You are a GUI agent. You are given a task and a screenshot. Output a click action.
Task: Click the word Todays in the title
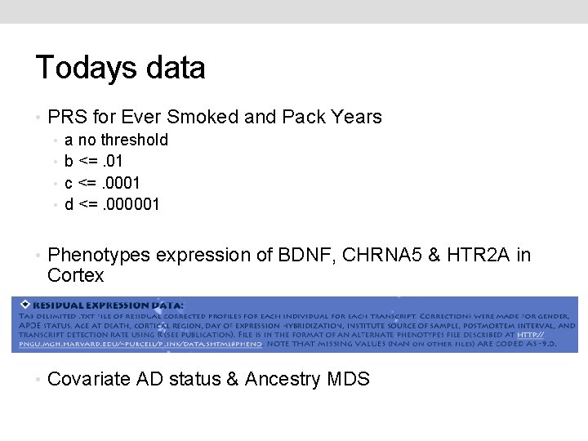point(84,69)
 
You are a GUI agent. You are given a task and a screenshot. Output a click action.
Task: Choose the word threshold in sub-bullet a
point(135,140)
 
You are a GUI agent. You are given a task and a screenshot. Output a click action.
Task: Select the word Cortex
point(76,276)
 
